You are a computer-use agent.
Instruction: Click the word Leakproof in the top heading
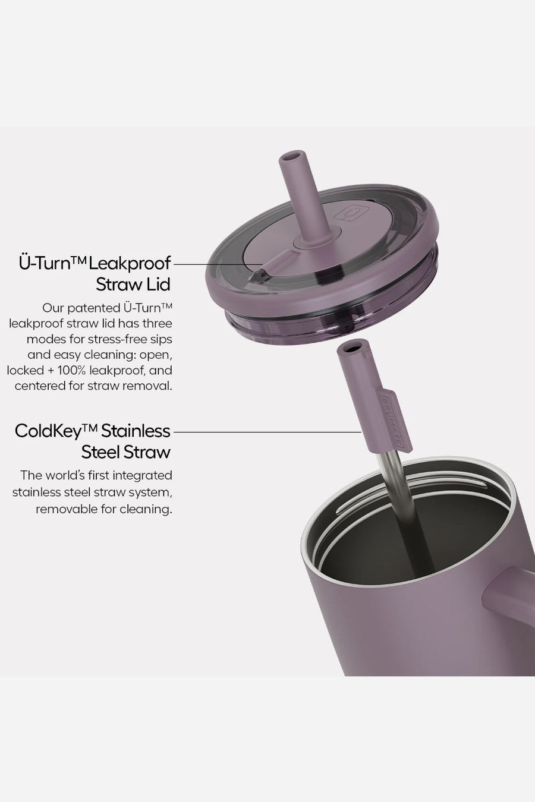pyautogui.click(x=130, y=264)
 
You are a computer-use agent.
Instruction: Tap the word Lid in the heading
pyautogui.click(x=158, y=285)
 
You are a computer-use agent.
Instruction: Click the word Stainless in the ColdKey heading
pyautogui.click(x=136, y=431)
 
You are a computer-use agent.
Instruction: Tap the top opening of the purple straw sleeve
pyautogui.click(x=351, y=348)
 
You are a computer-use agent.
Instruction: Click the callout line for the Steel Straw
pyautogui.click(x=267, y=432)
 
